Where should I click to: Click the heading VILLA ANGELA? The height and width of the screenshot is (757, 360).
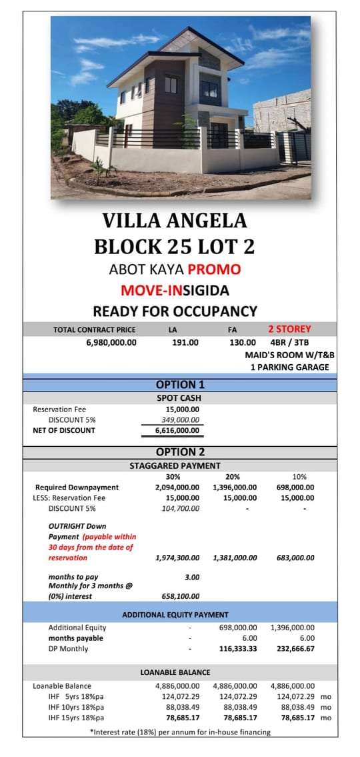point(174,221)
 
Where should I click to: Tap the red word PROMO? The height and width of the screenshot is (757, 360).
point(214,270)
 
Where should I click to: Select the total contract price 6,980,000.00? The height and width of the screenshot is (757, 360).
point(111,342)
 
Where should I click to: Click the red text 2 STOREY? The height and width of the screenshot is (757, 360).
point(289,329)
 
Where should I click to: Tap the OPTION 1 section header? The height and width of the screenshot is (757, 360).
point(179,384)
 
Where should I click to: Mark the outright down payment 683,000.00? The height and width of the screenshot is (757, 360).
point(295,558)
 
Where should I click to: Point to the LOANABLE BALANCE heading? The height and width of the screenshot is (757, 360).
point(175,672)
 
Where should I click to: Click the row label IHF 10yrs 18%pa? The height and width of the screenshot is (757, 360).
point(76,707)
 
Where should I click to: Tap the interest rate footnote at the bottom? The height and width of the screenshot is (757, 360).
point(180,732)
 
